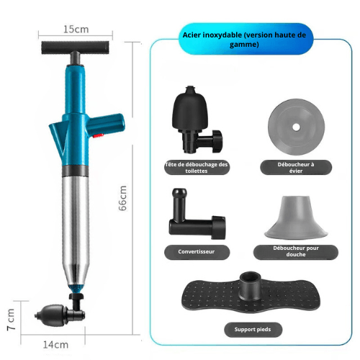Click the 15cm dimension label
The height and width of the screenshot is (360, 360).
tap(76, 30)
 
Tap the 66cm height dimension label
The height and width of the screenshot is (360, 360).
tap(122, 198)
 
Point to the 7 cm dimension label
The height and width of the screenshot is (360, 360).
tap(11, 320)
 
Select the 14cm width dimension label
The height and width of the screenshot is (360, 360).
tap(55, 345)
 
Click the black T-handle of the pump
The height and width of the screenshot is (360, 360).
tap(75, 48)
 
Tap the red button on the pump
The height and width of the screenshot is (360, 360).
tap(98, 136)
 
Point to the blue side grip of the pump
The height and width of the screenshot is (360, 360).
tap(106, 125)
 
